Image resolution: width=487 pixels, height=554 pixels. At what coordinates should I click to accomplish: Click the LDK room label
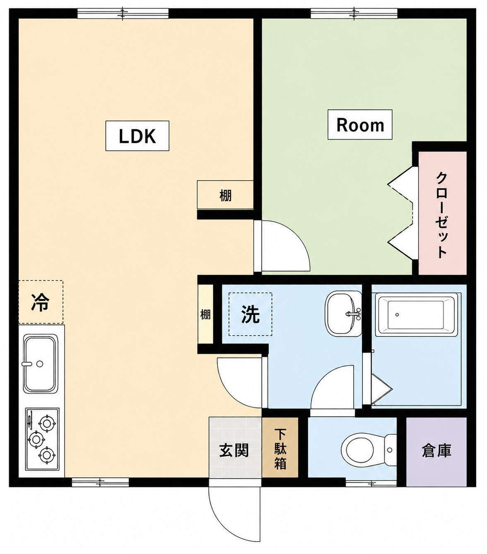click(x=137, y=136)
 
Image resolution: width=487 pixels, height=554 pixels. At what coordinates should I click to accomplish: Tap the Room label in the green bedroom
click(x=360, y=125)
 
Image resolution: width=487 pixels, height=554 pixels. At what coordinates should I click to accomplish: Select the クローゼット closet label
click(x=441, y=215)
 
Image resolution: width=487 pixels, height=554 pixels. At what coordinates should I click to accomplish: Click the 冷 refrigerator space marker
click(x=41, y=302)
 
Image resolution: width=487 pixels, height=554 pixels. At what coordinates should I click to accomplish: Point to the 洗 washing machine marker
click(x=250, y=314)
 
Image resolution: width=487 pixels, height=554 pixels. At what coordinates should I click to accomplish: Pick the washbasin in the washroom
click(x=344, y=314)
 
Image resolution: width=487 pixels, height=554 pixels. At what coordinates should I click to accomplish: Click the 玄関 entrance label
click(x=234, y=450)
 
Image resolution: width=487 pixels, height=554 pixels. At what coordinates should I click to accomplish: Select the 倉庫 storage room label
click(x=436, y=451)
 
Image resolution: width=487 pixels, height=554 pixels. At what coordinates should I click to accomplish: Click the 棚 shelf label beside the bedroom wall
click(x=225, y=196)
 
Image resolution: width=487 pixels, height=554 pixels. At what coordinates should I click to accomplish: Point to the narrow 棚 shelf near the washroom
click(x=205, y=314)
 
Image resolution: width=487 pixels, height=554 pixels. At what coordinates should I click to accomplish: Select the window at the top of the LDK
click(x=123, y=13)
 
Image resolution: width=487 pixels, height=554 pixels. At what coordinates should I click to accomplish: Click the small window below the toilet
click(x=371, y=483)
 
